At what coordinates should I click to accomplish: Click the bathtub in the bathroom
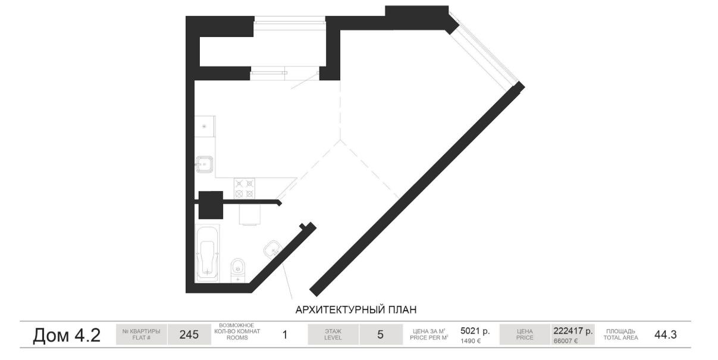coord(208,253)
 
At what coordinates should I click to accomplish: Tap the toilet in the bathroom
coord(238,271)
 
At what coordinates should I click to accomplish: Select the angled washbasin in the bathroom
coord(273,249)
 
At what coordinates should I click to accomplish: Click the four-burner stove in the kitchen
coord(244,189)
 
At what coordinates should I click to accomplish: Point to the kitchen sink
coord(204,164)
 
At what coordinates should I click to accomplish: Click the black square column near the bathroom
coord(211,205)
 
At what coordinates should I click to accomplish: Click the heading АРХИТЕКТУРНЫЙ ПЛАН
coord(356,310)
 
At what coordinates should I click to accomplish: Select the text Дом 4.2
coord(67,336)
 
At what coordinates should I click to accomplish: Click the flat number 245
coord(189,334)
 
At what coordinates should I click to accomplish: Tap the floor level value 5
coord(380,334)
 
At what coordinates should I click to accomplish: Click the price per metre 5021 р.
coord(475,330)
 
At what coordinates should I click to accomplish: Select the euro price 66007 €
coord(566,341)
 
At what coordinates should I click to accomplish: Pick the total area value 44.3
coord(666,334)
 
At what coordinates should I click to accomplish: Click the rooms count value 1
coord(284,335)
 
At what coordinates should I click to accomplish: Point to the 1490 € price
coord(471,341)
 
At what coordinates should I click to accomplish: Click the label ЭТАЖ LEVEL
coord(333,334)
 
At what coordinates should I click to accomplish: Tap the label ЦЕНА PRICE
coord(525,334)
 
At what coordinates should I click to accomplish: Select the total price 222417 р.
coord(573,330)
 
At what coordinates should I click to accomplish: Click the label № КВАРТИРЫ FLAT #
coord(142,334)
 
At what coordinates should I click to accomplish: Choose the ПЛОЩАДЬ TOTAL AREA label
coord(620,334)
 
